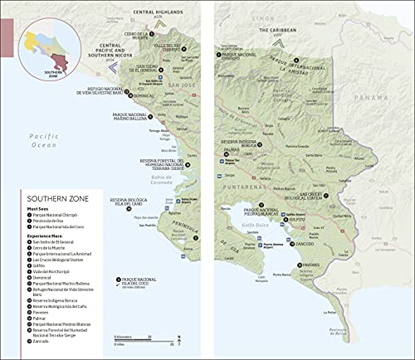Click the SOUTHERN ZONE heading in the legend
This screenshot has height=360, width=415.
coord(58,199)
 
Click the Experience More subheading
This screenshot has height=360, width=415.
coord(50,236)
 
